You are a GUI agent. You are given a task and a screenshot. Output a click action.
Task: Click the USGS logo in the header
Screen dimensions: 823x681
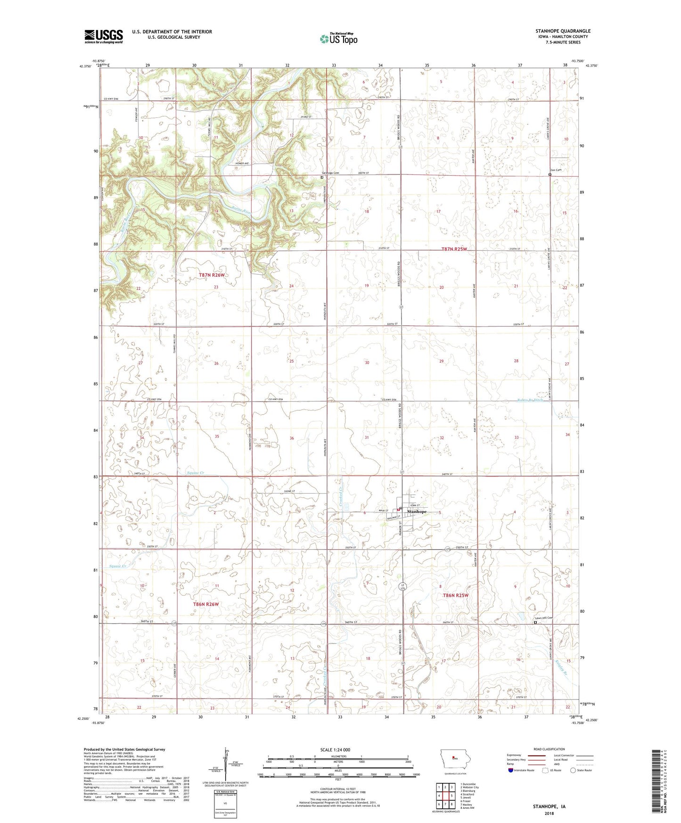[104, 36]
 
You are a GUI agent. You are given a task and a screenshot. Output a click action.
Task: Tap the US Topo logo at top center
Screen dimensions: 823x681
[338, 39]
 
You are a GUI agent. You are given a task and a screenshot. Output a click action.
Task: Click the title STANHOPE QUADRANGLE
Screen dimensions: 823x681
[563, 31]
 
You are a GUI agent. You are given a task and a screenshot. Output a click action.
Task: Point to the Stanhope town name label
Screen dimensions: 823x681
[417, 511]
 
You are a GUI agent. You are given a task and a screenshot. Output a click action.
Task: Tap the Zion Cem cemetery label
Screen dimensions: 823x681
[556, 171]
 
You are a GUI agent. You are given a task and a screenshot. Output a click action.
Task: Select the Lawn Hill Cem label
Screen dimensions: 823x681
[543, 618]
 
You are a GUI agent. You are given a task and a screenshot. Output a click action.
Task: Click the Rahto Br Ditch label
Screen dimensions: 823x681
[531, 400]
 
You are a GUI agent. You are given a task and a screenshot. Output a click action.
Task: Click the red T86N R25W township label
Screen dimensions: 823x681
[456, 595]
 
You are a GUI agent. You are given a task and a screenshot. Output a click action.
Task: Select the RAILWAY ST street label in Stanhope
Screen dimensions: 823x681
[392, 518]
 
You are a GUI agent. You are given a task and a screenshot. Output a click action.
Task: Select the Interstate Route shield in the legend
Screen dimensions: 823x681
[511, 770]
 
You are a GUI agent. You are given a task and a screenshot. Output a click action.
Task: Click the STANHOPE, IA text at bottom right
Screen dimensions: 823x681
[549, 807]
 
